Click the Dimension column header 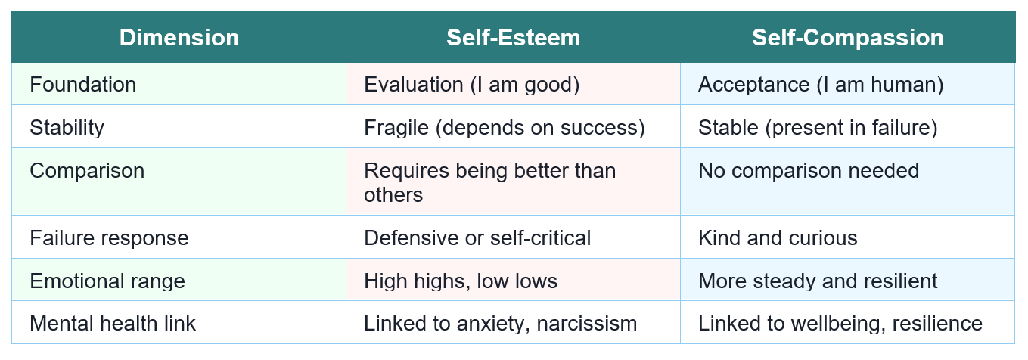coord(179,38)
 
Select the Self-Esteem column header coord(513,38)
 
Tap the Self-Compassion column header coord(847,38)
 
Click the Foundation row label coord(83,84)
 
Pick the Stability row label coord(67,127)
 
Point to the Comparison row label coord(87,170)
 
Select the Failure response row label coord(109,238)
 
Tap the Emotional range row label coord(107,281)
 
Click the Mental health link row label coord(113,324)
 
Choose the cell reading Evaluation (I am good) coord(472,84)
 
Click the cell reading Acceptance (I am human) coord(821,84)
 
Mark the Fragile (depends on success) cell coord(505,127)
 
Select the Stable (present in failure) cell coord(818,127)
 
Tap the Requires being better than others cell coord(490,182)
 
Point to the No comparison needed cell coord(809,170)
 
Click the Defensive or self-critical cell coord(477,238)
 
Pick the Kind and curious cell coord(778,238)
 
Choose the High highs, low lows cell coord(461,281)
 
